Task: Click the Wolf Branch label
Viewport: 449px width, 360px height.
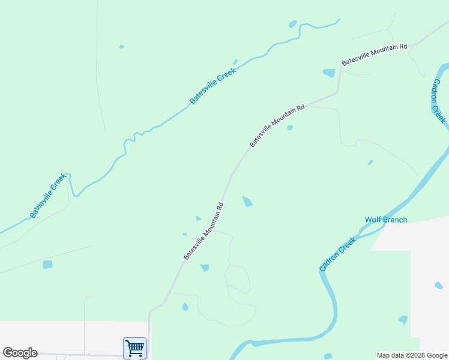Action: pyautogui.click(x=386, y=220)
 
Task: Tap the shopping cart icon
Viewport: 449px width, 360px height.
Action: pyautogui.click(x=134, y=347)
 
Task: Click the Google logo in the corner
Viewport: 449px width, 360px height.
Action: pyautogui.click(x=20, y=353)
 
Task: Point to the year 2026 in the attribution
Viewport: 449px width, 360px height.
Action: pyautogui.click(x=414, y=355)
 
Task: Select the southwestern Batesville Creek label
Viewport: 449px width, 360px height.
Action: pyautogui.click(x=47, y=196)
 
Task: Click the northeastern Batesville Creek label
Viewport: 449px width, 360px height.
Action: pyautogui.click(x=213, y=85)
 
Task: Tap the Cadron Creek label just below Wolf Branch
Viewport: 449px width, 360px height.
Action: pyautogui.click(x=338, y=254)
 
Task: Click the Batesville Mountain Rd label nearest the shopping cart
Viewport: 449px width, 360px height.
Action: pyautogui.click(x=204, y=231)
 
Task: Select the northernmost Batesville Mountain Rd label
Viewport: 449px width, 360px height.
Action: pyautogui.click(x=375, y=54)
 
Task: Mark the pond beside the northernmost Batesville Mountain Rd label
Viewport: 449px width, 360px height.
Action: pyautogui.click(x=329, y=73)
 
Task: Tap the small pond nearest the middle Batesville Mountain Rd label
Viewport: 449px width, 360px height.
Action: pyautogui.click(x=290, y=127)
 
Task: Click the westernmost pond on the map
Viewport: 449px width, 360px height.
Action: pyautogui.click(x=47, y=264)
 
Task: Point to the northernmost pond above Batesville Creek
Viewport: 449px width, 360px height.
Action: pyautogui.click(x=293, y=25)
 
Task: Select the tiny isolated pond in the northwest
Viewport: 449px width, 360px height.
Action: pyautogui.click(x=122, y=46)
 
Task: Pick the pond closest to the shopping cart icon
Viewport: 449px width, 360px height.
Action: pyautogui.click(x=185, y=307)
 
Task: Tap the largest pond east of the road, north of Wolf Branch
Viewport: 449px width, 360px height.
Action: pyautogui.click(x=247, y=202)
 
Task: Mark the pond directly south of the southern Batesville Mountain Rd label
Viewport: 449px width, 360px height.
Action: pyautogui.click(x=205, y=268)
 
